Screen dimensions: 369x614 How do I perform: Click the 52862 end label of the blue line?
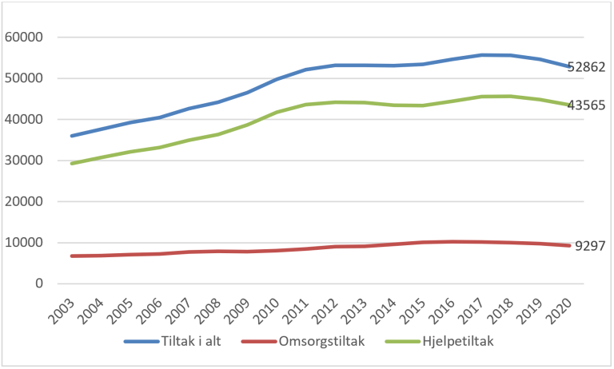[x=586, y=67]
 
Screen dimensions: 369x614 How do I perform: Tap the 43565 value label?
[x=586, y=105]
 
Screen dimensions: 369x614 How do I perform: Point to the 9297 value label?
[x=590, y=246]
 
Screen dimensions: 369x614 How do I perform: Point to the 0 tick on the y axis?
[x=38, y=284]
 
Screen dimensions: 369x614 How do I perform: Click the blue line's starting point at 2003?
[x=73, y=136]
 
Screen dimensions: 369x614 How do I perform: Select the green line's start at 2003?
[x=73, y=164]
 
